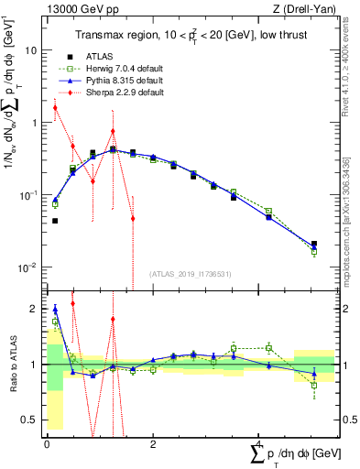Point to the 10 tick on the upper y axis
coord(34,50)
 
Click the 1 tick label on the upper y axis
coord(36,123)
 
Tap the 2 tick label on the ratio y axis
coord(36,310)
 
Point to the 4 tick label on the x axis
coord(258,444)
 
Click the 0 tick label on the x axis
coord(47,444)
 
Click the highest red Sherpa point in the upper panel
coord(55,108)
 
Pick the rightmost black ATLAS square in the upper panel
coord(314,245)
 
